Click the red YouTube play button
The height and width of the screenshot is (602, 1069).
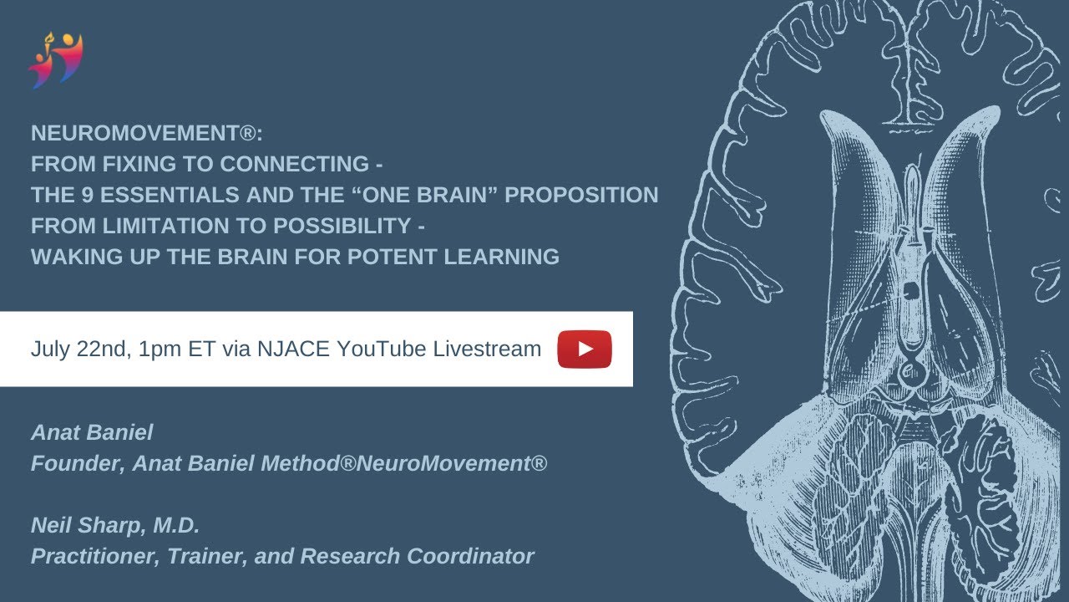point(585,349)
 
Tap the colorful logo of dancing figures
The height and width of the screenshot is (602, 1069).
point(56,60)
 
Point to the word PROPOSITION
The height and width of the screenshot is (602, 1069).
point(582,195)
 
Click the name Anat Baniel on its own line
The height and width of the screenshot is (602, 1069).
point(92,432)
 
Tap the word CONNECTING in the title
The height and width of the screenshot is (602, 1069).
point(295,163)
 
